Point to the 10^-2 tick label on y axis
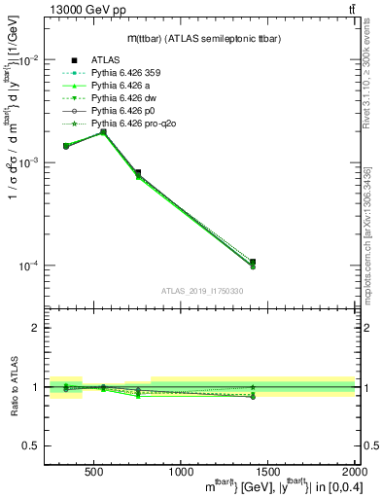click(29, 59)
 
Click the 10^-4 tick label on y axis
click(29, 266)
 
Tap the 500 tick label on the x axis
click(95, 474)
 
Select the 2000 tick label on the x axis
click(350, 474)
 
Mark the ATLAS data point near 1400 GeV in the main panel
click(252, 263)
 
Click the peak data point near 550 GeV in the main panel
click(103, 131)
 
